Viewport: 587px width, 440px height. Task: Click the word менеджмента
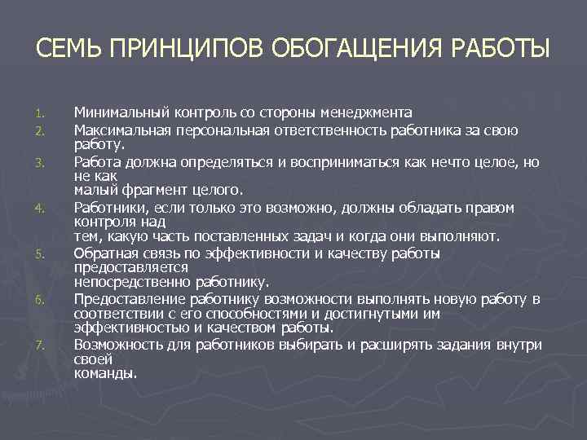tap(365, 112)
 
